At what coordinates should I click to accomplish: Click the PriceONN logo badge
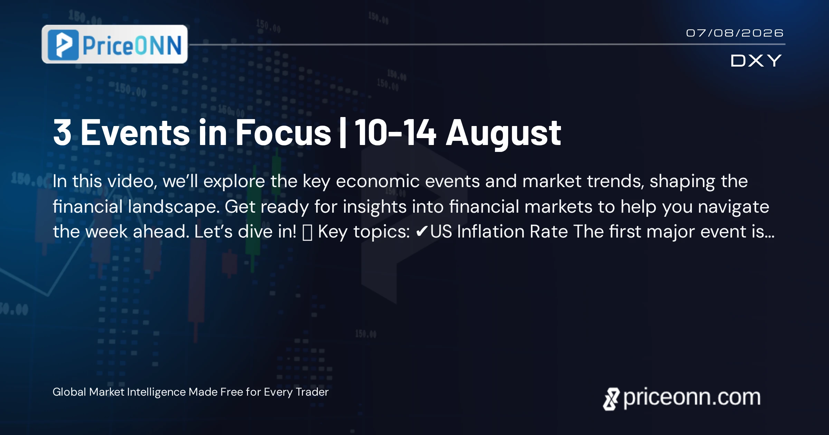tap(115, 44)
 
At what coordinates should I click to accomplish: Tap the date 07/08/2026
tap(735, 33)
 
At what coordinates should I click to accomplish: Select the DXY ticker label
tap(756, 61)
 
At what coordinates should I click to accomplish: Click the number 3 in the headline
tap(63, 133)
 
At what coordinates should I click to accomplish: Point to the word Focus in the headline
tap(283, 133)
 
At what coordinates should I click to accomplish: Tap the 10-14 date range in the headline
tap(396, 133)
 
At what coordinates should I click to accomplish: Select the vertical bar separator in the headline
tap(343, 133)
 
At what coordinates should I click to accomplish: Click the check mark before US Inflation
tap(422, 232)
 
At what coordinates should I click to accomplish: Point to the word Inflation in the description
tap(491, 232)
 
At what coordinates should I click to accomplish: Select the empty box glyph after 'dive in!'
tap(307, 232)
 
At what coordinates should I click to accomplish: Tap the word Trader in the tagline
tap(312, 392)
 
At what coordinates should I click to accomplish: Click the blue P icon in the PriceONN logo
tap(63, 45)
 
